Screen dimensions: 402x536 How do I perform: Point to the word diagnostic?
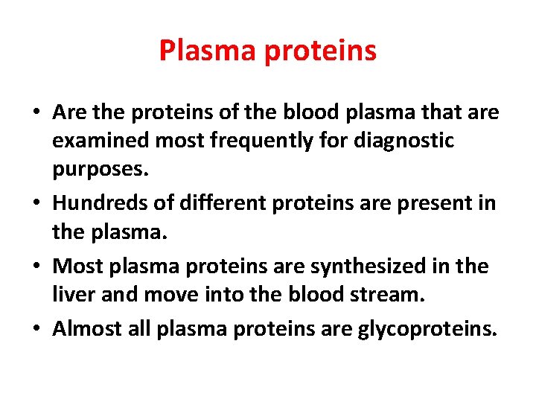403,141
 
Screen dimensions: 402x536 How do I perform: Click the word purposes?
100,171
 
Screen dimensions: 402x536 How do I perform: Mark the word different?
217,202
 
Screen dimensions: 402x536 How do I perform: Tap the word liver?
71,296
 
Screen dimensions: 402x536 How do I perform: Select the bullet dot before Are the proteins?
36,112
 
